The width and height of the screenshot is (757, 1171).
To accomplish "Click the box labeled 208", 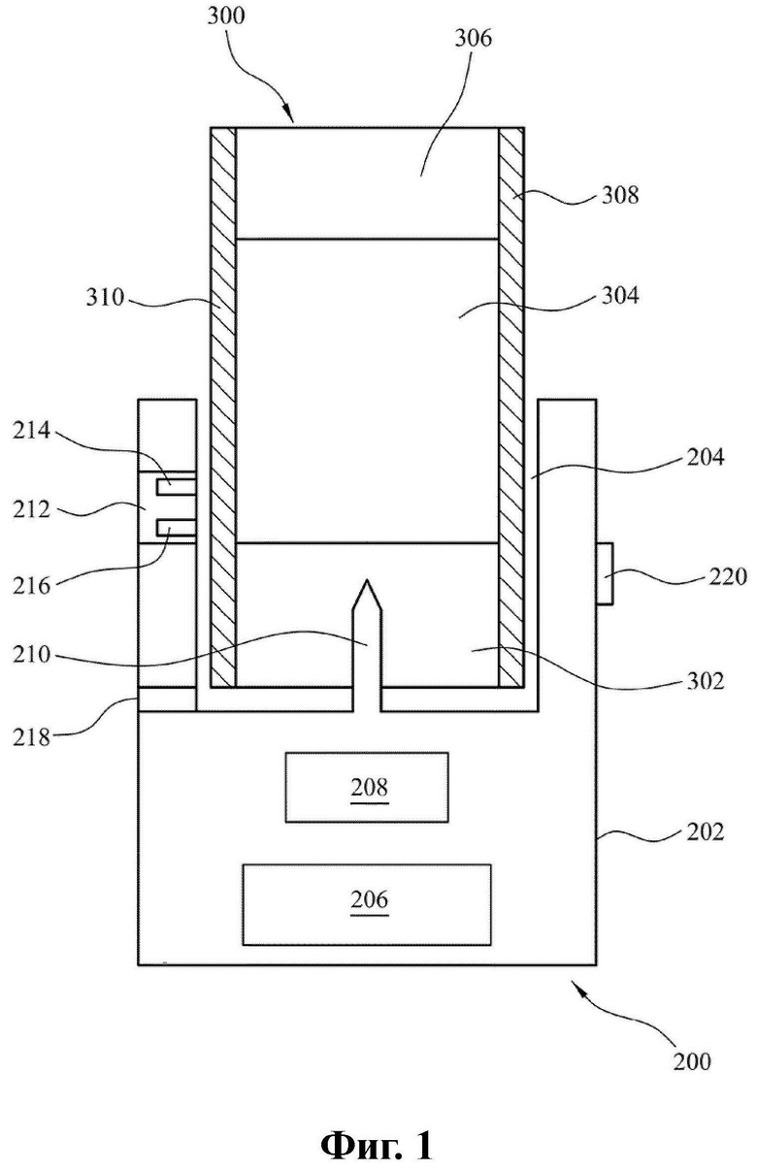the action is [x=367, y=787].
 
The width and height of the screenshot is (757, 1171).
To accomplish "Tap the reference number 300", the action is [x=226, y=16].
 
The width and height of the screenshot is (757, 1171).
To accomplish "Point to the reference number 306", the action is [x=474, y=39].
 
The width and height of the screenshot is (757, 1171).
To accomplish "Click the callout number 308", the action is [x=620, y=195].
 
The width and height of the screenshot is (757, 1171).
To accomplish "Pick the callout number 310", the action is [x=106, y=298].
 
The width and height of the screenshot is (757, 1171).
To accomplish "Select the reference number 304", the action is [x=620, y=296].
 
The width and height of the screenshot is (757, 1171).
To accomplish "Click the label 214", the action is [x=32, y=432].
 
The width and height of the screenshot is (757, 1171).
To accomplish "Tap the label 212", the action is [x=32, y=509].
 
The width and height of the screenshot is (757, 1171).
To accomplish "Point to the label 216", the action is [x=32, y=586].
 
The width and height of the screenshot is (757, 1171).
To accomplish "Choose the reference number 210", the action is [x=32, y=655].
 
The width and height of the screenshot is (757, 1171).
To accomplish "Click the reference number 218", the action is [x=32, y=737].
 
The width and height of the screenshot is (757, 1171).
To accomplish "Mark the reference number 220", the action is [x=728, y=576].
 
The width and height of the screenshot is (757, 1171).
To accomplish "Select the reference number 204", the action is [x=706, y=457].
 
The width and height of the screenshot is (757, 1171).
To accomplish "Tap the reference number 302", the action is [x=706, y=681].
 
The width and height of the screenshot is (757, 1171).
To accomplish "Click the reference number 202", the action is [x=706, y=831].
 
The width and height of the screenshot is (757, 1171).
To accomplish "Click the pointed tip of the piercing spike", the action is [x=367, y=580].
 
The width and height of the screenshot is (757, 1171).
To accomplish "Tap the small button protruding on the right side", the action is [x=605, y=574].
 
